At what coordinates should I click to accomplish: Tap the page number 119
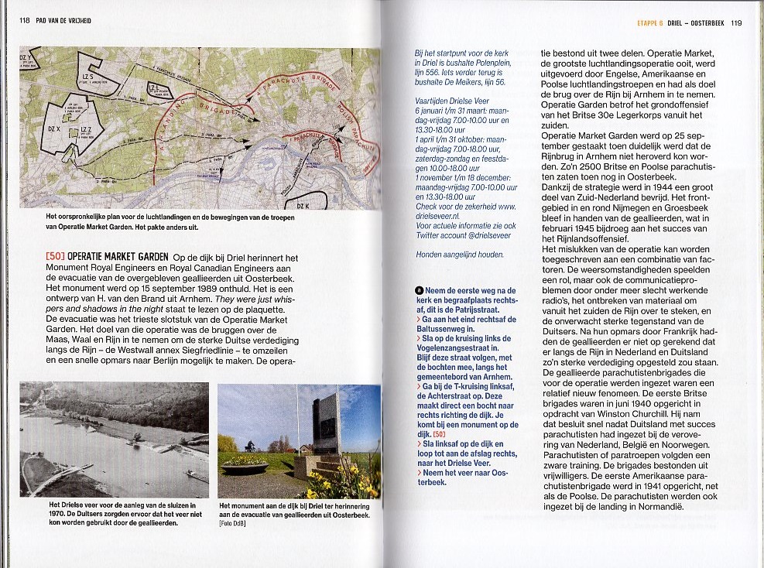735,23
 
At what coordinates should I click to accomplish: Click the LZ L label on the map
152,86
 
